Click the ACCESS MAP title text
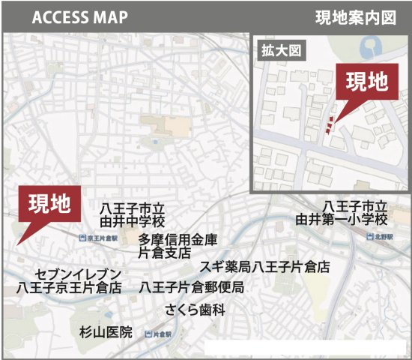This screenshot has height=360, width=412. [79, 16]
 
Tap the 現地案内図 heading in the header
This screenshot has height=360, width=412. [355, 16]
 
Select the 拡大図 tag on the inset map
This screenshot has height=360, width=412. [274, 52]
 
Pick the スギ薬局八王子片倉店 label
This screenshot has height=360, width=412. [264, 267]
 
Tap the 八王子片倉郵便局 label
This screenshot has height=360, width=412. [191, 287]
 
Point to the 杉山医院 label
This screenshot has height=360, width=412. [105, 331]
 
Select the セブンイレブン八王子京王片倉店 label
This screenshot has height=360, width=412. [69, 280]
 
